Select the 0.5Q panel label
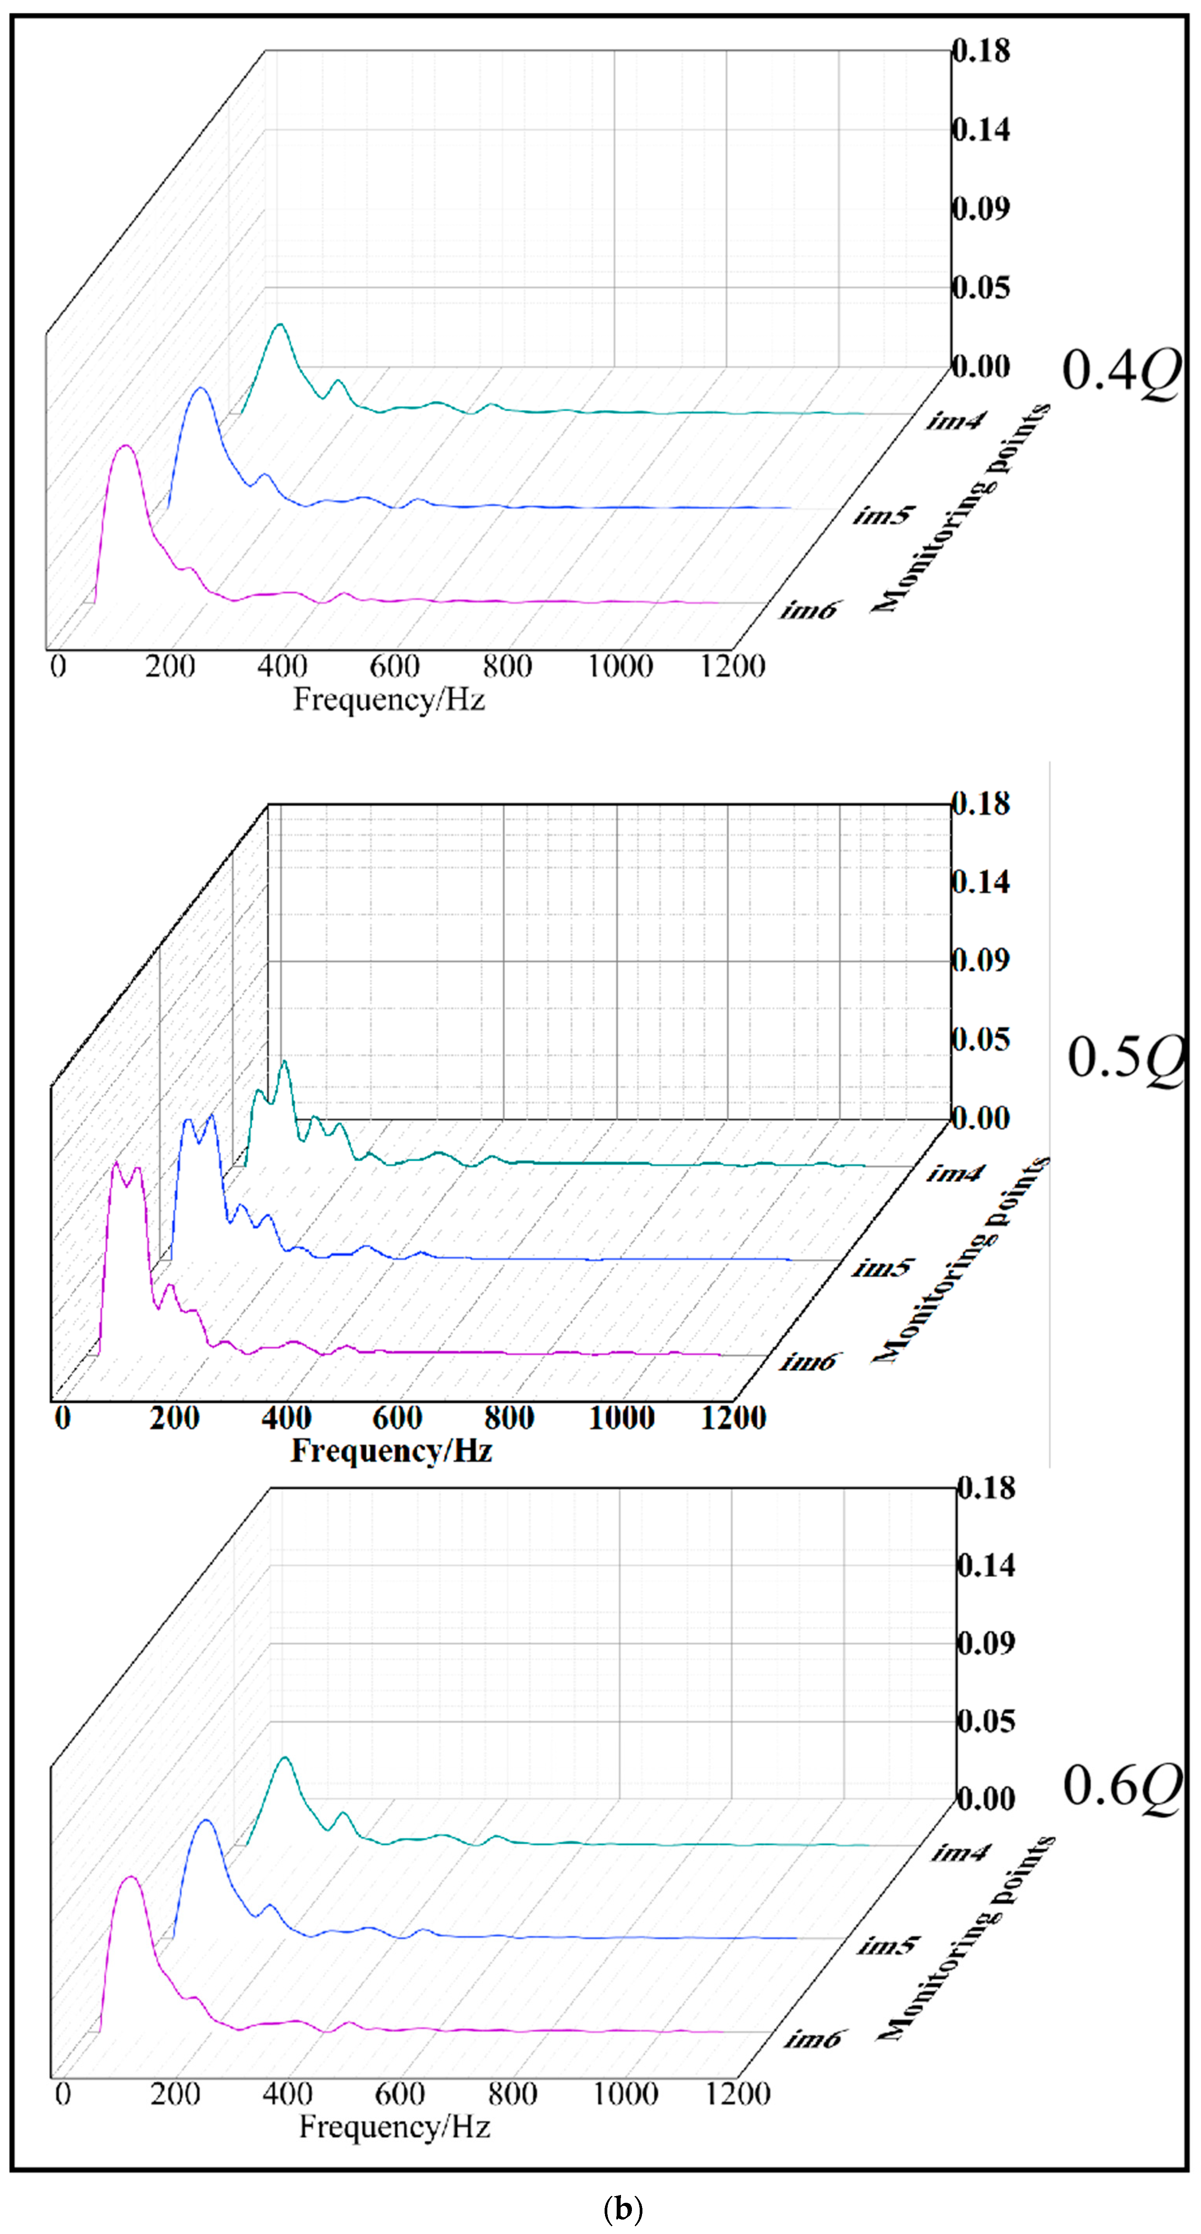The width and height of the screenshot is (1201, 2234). tap(1125, 1058)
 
